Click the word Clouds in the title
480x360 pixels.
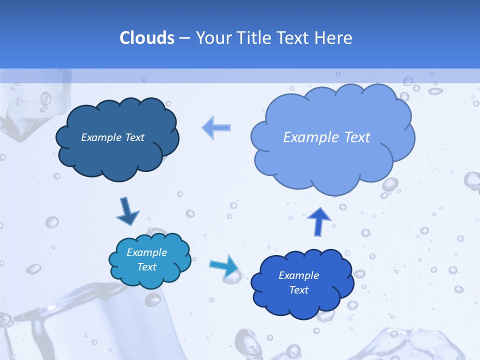click(x=147, y=38)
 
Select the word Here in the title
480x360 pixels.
click(x=333, y=38)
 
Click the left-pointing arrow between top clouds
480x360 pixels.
click(x=216, y=127)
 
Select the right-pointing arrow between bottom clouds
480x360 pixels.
click(x=224, y=265)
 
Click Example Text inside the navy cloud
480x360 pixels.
click(x=112, y=137)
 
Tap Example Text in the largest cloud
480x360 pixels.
click(x=326, y=137)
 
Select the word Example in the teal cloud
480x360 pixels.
click(x=147, y=252)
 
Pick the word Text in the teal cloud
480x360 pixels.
click(x=147, y=267)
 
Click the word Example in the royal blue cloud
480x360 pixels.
click(x=298, y=275)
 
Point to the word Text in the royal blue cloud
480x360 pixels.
click(x=298, y=290)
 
